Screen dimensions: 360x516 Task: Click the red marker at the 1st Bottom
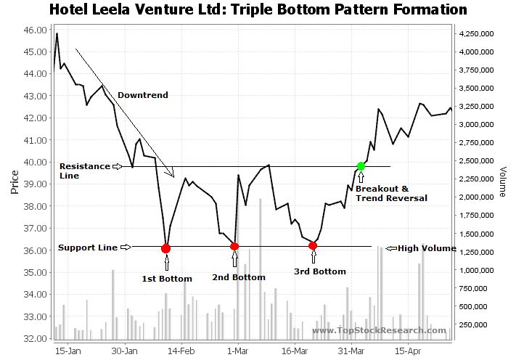[165, 248]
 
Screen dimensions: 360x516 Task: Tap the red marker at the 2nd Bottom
[234, 247]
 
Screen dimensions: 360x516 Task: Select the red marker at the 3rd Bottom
[313, 245]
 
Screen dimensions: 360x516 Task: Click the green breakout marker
[361, 166]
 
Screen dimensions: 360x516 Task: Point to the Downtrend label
[142, 95]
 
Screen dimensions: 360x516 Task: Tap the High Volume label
[426, 248]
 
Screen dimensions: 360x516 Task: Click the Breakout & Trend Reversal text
[390, 193]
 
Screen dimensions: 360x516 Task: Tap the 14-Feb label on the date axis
[181, 350]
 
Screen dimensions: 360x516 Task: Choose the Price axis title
[14, 184]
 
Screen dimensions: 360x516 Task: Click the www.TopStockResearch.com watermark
[379, 331]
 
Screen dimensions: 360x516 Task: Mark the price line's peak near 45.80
[57, 34]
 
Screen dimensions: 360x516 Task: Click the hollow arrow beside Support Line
[126, 247]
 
